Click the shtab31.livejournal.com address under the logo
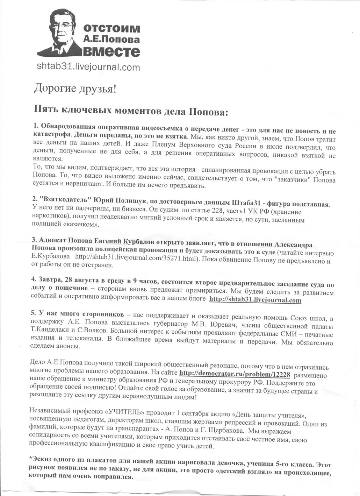[88, 67]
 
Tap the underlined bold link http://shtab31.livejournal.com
[255, 300]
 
